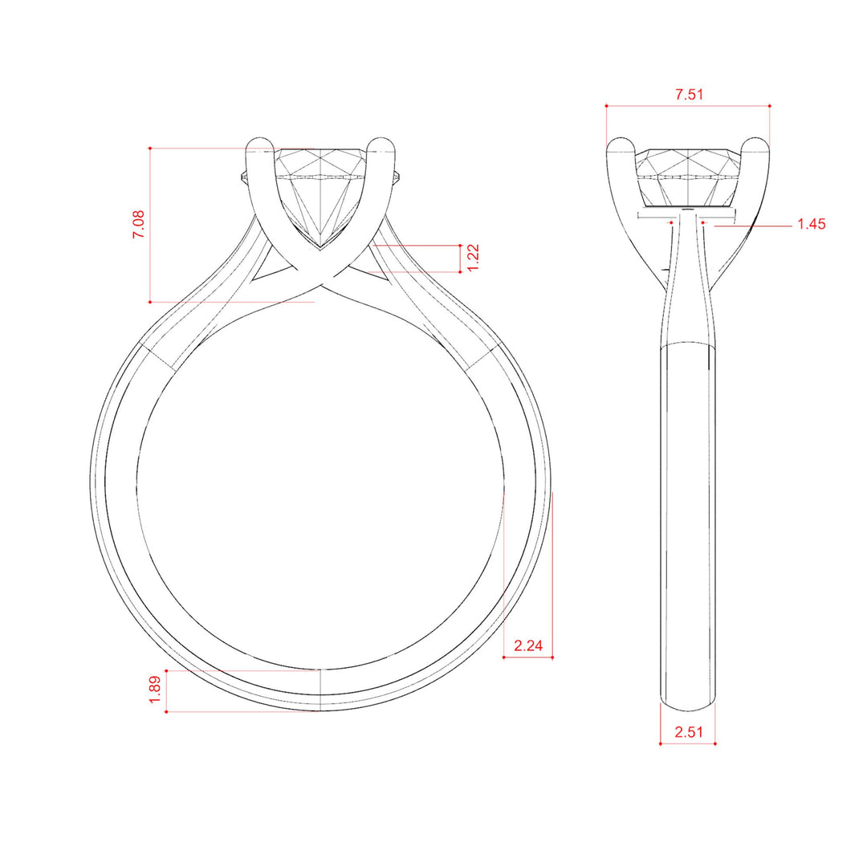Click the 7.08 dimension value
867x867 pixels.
tap(138, 224)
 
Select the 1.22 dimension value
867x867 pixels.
tap(474, 258)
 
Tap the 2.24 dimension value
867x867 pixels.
tap(528, 645)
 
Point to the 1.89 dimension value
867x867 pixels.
tap(155, 690)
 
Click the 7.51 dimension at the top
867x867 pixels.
tap(689, 95)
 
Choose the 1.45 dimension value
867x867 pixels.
tap(811, 224)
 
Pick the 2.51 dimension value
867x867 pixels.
tap(689, 732)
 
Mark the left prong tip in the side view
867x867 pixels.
tap(621, 140)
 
